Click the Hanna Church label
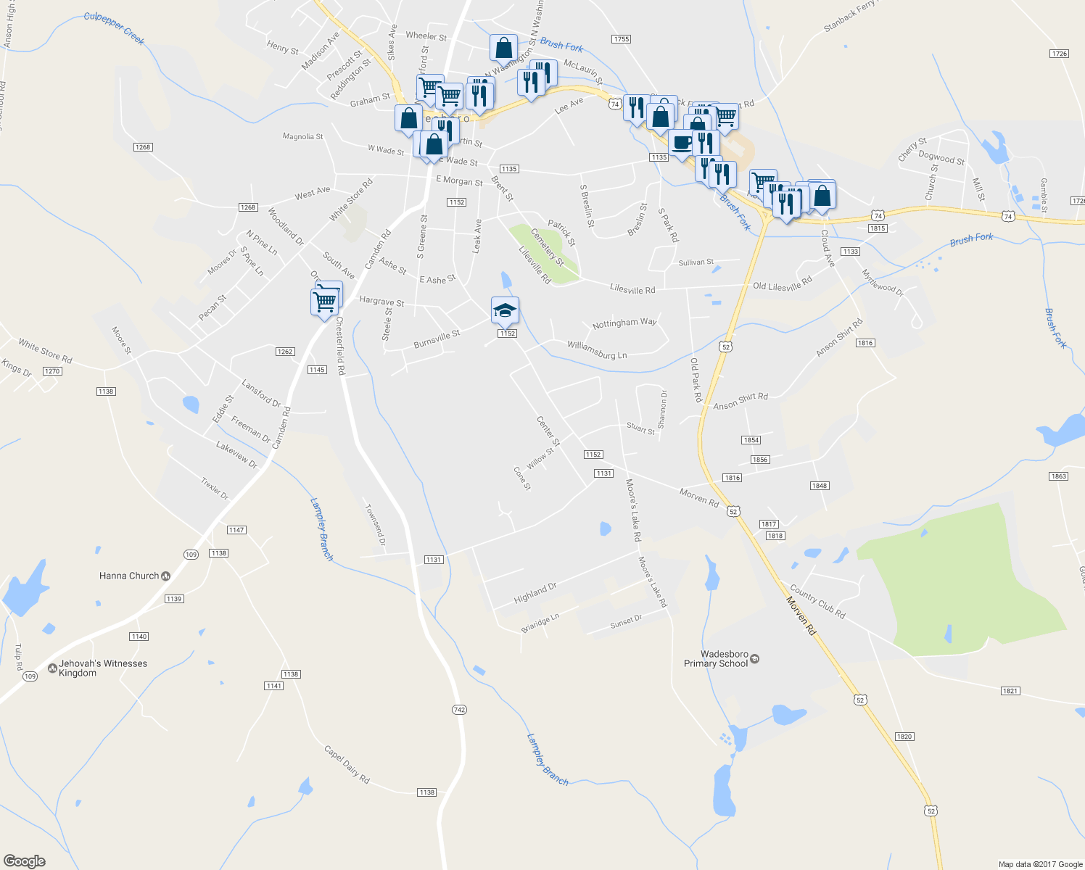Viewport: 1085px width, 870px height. click(129, 576)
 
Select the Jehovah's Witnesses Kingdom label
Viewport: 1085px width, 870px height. click(102, 668)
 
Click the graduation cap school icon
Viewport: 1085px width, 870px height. click(505, 310)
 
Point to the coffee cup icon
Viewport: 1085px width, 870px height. click(681, 143)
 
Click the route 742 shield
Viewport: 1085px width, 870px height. click(459, 710)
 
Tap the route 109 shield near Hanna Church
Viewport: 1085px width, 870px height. click(191, 555)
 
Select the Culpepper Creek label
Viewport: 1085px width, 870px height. click(115, 28)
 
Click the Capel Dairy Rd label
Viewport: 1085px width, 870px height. click(347, 764)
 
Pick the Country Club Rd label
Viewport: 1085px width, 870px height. click(817, 601)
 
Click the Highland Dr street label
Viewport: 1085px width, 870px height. click(535, 593)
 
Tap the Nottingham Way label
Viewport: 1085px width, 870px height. click(624, 323)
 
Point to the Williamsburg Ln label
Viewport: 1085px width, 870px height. click(597, 350)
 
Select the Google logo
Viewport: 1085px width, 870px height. click(25, 861)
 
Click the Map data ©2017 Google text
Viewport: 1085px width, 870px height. click(1040, 864)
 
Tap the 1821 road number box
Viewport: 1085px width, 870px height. click(1010, 691)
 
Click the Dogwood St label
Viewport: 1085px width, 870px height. click(941, 157)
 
